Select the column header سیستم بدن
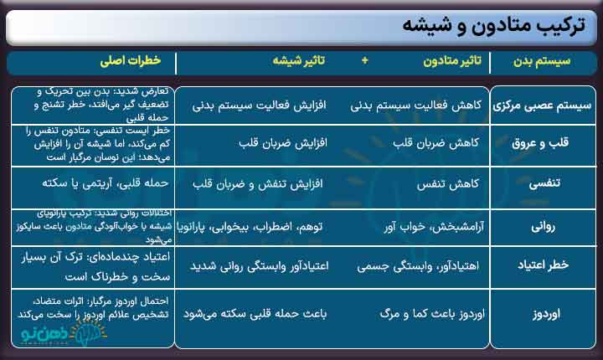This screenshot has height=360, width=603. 544,62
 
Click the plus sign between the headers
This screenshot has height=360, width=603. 364,62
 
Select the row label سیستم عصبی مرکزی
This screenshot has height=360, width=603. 543,106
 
